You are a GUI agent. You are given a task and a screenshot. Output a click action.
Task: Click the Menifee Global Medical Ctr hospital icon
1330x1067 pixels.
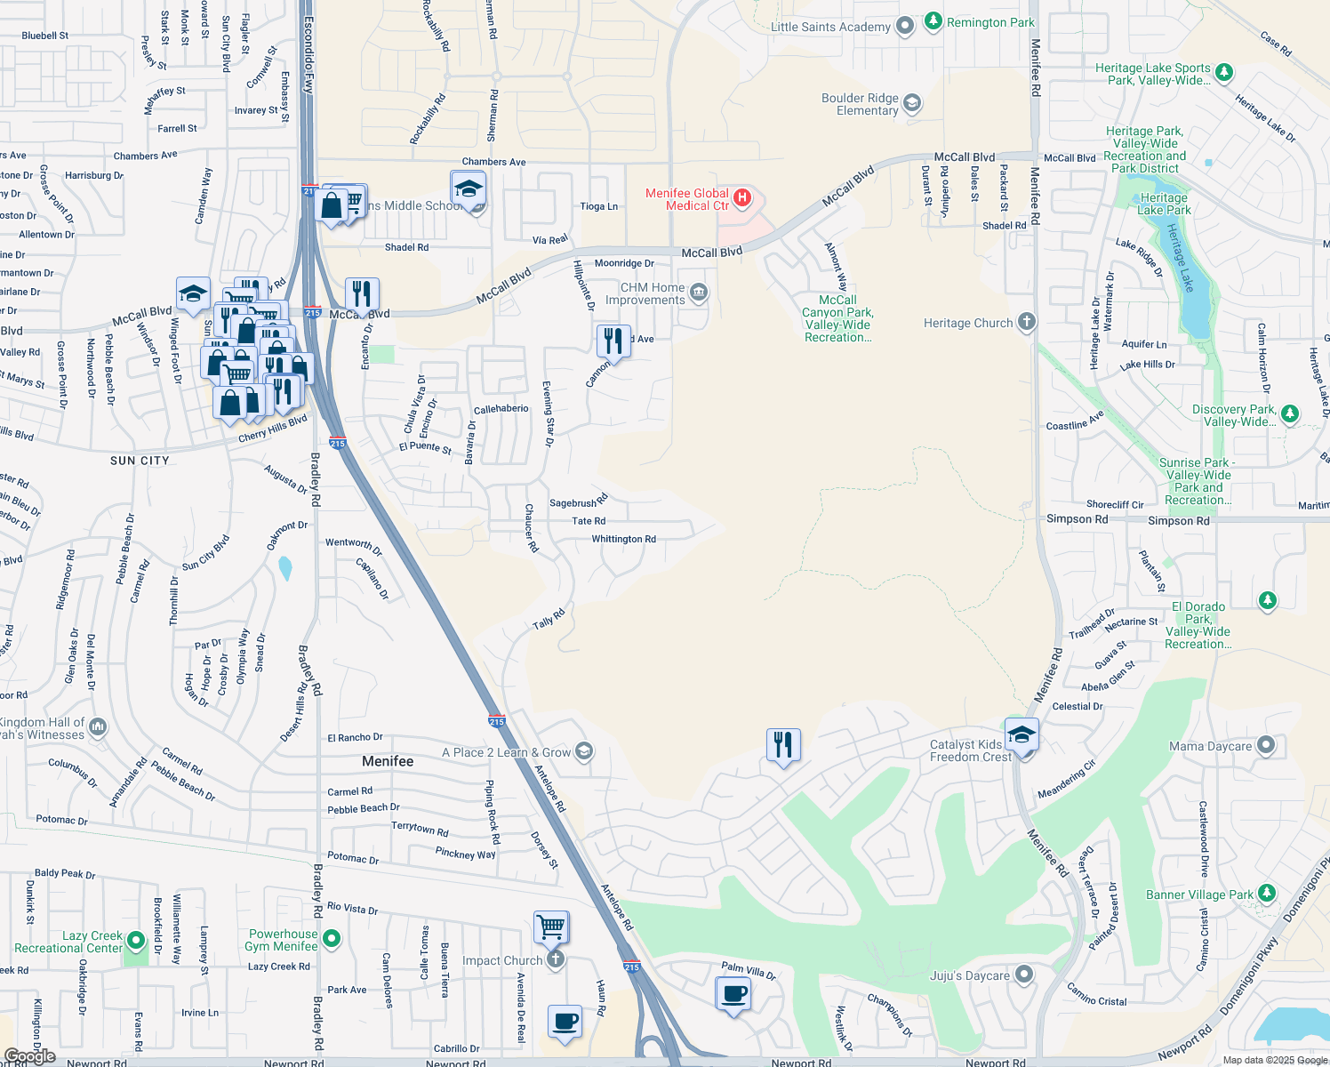[742, 197]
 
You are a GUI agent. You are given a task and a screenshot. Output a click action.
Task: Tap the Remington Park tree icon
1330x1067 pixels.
[933, 21]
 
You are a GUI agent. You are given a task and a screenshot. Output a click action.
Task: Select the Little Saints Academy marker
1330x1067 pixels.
[905, 27]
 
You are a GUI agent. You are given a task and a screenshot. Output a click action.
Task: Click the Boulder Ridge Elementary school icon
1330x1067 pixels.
[912, 104]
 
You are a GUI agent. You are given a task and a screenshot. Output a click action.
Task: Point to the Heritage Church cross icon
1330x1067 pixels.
[1027, 322]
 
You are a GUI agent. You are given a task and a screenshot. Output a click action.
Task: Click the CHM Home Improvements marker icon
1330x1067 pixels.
[699, 293]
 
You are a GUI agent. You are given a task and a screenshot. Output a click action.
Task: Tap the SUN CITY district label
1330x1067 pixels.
[140, 461]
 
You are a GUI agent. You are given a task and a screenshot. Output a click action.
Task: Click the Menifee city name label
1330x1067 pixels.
[388, 761]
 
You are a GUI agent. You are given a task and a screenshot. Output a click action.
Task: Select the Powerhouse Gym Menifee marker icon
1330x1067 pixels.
[332, 938]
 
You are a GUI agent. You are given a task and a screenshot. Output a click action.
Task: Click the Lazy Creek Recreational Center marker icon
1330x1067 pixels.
[136, 940]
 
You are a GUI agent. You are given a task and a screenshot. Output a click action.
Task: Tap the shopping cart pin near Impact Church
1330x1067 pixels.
[551, 927]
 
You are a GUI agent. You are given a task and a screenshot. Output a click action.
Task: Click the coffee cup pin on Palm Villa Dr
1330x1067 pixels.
[733, 993]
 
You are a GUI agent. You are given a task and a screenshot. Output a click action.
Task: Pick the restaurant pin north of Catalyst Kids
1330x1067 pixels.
[783, 744]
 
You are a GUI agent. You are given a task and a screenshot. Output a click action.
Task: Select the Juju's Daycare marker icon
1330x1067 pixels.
[1024, 975]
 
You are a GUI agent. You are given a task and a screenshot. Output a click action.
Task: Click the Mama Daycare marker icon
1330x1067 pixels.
[1266, 745]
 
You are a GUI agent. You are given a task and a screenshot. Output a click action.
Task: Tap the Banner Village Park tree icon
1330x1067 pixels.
[1267, 893]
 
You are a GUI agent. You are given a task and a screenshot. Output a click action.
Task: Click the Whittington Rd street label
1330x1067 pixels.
[623, 539]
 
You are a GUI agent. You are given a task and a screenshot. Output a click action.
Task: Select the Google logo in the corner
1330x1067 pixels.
[29, 1056]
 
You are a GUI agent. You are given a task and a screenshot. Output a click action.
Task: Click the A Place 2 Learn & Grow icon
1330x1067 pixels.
[583, 751]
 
